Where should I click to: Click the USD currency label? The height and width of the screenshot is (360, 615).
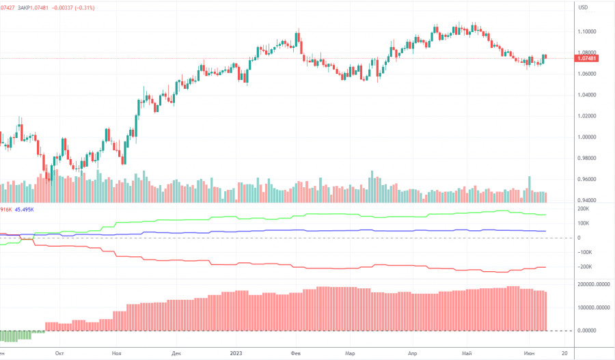coord(583,8)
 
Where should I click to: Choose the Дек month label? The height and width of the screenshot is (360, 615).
coord(176,353)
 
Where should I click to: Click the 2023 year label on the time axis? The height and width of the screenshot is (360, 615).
coord(236,353)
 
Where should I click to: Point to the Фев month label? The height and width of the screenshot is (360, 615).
coord(296,353)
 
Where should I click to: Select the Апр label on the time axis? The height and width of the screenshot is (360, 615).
coord(412,353)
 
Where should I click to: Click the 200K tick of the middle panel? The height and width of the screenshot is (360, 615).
coord(585,208)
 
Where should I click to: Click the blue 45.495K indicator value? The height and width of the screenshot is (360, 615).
coord(26,209)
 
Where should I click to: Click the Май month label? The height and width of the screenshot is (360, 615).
coord(467,353)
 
